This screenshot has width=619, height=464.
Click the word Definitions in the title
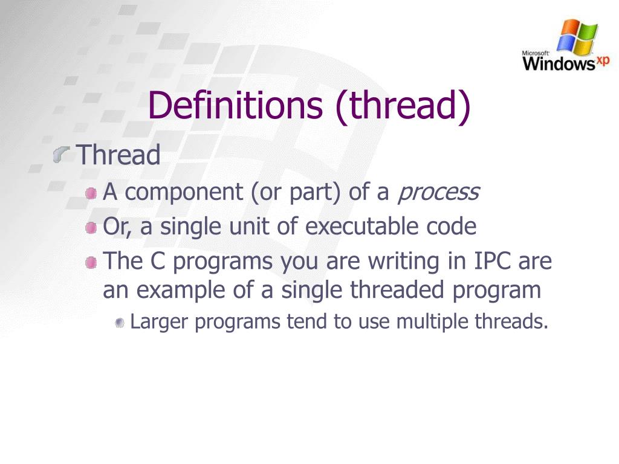click(235, 105)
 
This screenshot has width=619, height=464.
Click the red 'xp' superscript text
click(603, 60)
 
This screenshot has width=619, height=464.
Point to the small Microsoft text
click(535, 53)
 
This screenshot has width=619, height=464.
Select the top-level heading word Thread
click(119, 155)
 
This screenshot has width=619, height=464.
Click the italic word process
click(438, 192)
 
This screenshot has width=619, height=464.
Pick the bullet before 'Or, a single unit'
click(91, 228)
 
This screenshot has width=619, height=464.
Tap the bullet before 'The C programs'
click(91, 262)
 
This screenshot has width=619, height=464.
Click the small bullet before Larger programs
click(120, 323)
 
